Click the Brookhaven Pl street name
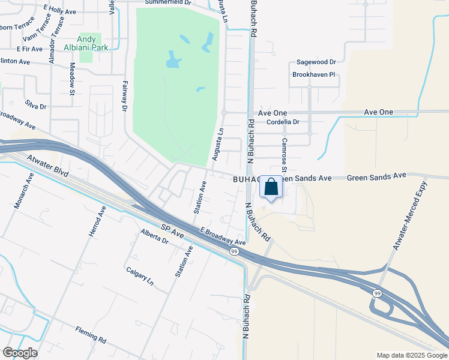(313, 75)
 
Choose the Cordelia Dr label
(282, 122)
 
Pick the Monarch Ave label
(23, 191)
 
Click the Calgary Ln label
(140, 275)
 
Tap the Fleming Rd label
(91, 334)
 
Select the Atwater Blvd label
(48, 167)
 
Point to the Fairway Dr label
(125, 97)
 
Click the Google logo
(20, 353)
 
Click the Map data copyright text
(411, 355)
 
